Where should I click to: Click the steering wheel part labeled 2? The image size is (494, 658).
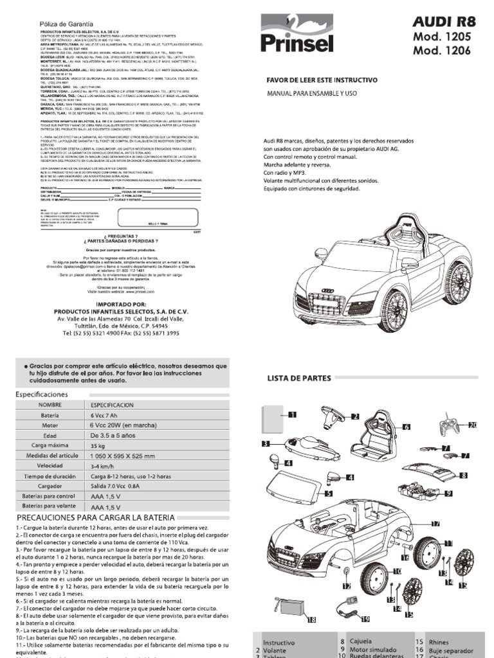334,418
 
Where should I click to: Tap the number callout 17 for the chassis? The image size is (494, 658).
435,524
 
